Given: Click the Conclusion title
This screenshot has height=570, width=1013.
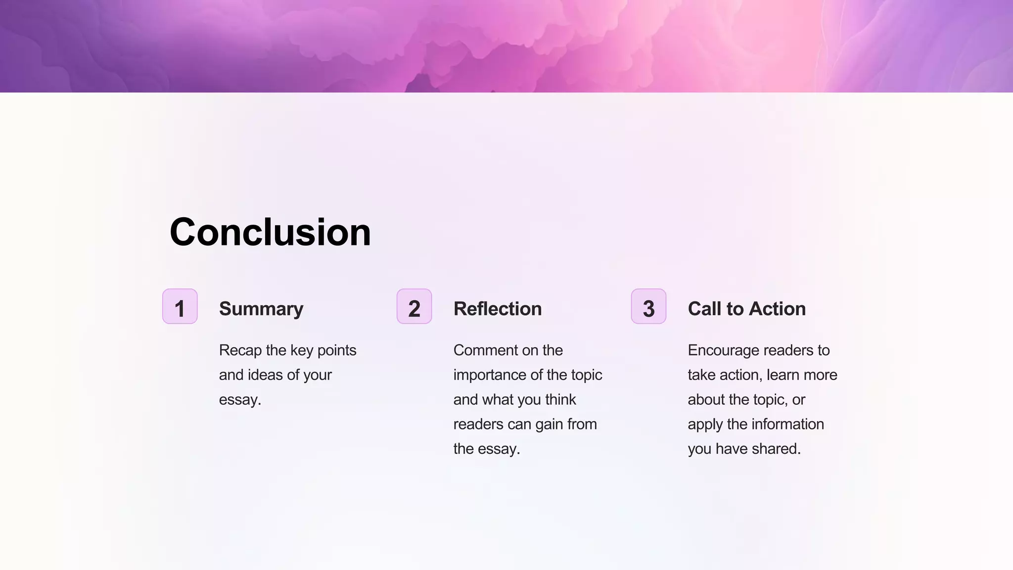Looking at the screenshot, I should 270,232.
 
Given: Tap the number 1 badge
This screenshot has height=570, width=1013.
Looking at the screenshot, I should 180,307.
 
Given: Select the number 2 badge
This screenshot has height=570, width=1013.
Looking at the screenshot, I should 414,307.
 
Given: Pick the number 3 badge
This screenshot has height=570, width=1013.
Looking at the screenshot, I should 648,307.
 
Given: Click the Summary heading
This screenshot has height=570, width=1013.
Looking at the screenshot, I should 261,309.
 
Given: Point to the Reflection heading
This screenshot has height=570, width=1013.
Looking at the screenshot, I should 498,309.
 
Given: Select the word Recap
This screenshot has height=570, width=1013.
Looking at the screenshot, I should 240,350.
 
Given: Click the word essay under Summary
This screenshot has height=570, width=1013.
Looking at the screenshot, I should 239,400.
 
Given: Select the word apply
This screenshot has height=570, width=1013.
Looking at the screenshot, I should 705,425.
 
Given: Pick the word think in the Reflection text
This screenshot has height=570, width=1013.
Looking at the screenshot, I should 560,400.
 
